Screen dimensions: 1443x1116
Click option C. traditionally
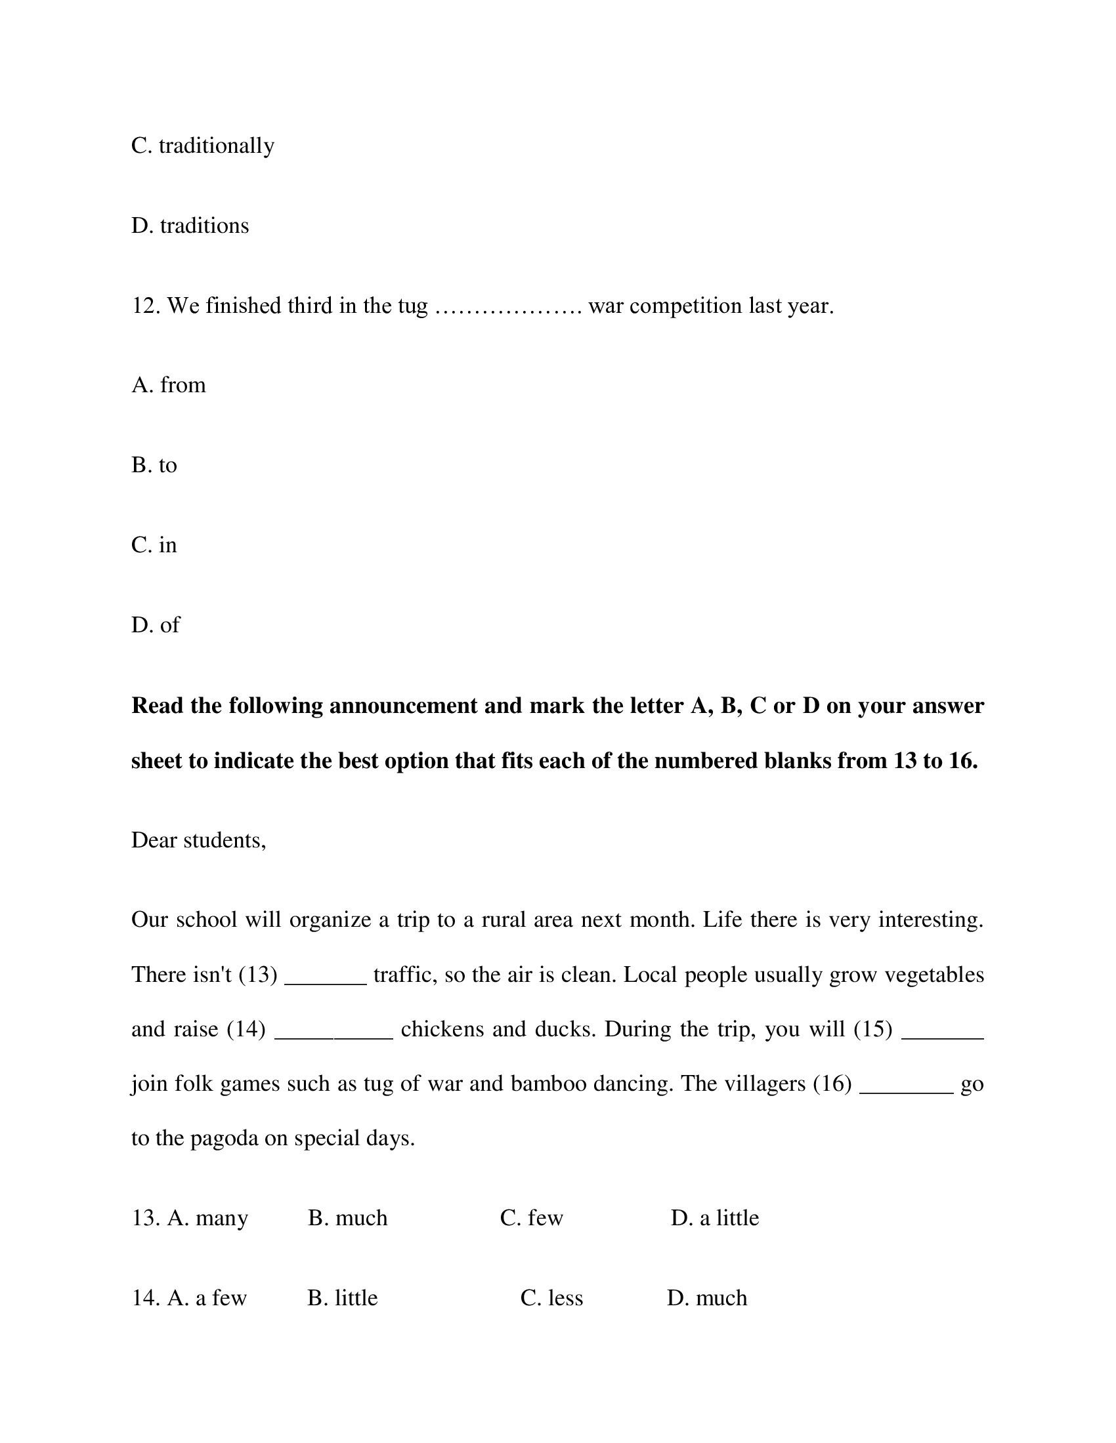point(202,146)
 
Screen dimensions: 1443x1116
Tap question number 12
point(146,306)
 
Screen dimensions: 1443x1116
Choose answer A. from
point(169,385)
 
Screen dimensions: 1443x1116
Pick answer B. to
point(154,465)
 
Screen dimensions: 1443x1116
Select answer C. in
point(154,545)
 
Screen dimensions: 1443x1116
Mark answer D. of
point(156,625)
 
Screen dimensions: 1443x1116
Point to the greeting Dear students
point(198,840)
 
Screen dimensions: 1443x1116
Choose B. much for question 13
point(348,1218)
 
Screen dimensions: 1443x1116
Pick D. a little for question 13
point(715,1218)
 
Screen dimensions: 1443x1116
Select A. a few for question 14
point(207,1298)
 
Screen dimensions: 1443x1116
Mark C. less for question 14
point(551,1298)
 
